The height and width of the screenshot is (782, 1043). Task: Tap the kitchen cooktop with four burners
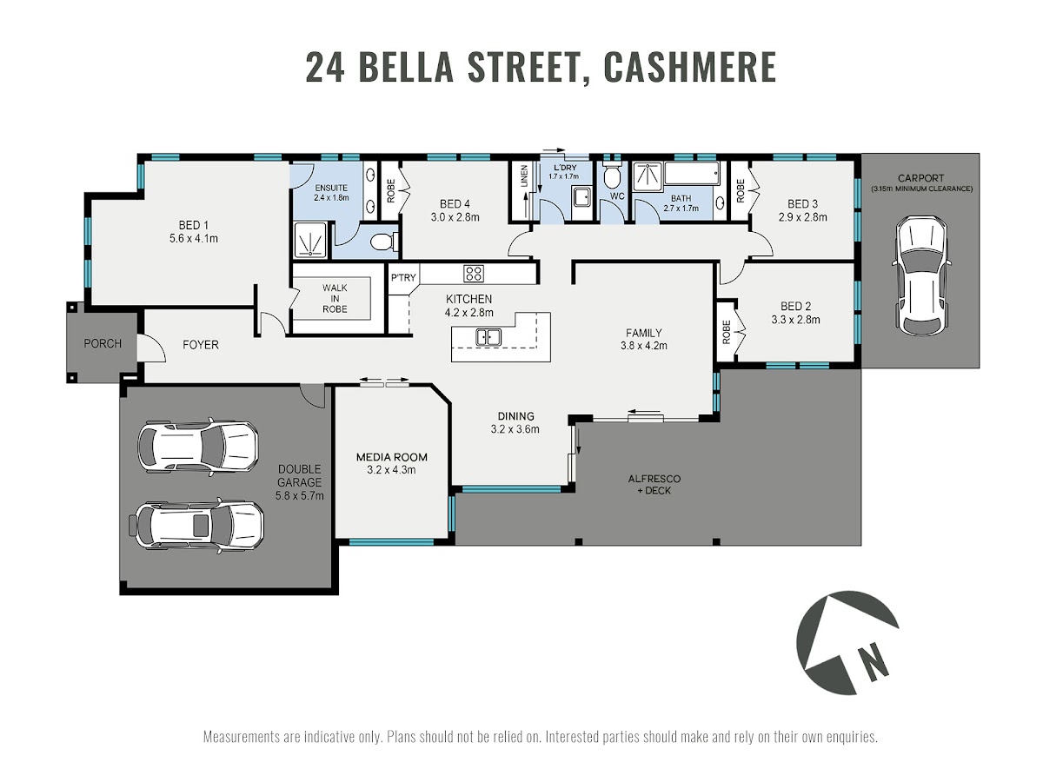click(474, 274)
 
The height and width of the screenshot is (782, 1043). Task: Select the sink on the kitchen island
click(488, 337)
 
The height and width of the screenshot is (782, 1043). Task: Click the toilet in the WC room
click(611, 176)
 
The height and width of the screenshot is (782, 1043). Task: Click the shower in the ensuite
click(309, 240)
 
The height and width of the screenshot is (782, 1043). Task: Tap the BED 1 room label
click(194, 231)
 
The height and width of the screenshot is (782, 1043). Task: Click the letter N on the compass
click(874, 662)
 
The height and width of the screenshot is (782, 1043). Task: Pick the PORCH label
click(103, 343)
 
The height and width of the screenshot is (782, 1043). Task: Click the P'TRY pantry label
click(403, 277)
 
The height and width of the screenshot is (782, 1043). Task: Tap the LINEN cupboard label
click(524, 176)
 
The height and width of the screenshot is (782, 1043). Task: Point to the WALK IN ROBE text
click(335, 298)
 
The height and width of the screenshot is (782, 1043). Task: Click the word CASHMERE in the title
click(689, 68)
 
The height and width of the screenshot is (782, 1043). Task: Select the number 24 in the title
click(324, 68)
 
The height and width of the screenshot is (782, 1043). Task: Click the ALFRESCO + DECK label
click(654, 484)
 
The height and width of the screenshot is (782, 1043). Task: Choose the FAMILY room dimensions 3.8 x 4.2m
click(643, 346)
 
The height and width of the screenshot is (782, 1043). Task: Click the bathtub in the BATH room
click(691, 174)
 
